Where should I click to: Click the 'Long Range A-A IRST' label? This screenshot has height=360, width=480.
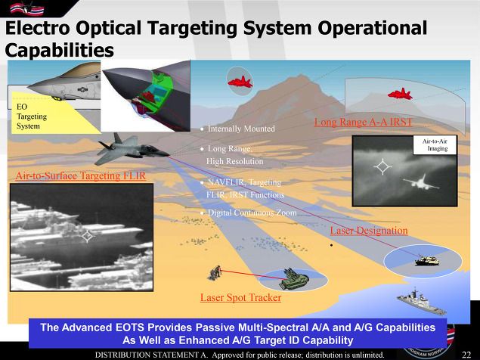click(x=363, y=122)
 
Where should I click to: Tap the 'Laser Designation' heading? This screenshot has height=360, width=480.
click(x=369, y=231)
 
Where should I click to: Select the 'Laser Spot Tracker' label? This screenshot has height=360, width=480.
click(x=240, y=297)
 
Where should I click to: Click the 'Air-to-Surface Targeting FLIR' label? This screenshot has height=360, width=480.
click(x=81, y=176)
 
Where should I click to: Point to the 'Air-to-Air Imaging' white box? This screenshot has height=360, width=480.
click(x=435, y=145)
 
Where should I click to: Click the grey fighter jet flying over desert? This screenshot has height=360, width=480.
click(x=132, y=148)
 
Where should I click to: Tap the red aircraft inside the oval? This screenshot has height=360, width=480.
click(x=240, y=82)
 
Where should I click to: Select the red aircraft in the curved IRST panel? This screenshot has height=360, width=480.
click(x=400, y=94)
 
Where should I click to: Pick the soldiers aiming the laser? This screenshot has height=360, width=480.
click(x=215, y=272)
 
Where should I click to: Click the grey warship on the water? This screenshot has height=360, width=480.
click(x=422, y=302)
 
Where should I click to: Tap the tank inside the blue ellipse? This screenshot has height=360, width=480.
click(x=427, y=261)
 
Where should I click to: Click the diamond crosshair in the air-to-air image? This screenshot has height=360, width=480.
click(x=382, y=167)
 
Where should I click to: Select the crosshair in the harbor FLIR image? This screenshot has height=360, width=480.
click(x=87, y=236)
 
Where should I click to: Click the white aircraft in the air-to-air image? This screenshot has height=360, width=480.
click(x=421, y=182)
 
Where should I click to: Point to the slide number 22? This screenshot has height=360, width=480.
click(x=466, y=355)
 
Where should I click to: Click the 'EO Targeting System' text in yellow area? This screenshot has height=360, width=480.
click(x=32, y=116)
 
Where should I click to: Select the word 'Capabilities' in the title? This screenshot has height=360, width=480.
click(x=60, y=50)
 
